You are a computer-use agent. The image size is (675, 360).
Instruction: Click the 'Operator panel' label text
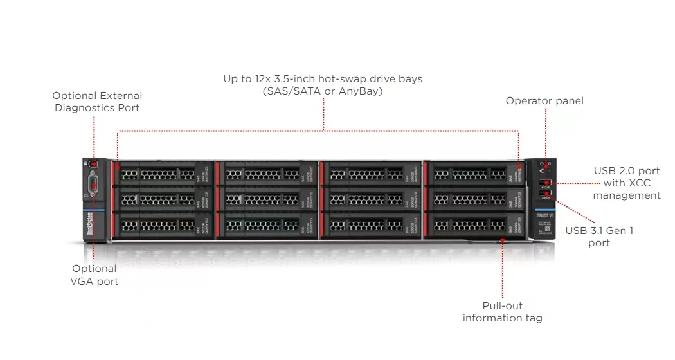(544, 101)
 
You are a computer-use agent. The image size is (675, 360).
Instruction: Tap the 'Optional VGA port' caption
(94, 274)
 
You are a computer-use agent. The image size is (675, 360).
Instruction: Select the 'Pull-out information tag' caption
(502, 312)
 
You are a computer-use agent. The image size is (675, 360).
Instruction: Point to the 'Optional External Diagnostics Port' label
(97, 102)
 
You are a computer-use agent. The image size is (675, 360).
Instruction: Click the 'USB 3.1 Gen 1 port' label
(599, 237)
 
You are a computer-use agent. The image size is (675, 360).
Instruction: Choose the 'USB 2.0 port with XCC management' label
(627, 183)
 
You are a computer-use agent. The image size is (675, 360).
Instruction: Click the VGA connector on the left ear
(94, 187)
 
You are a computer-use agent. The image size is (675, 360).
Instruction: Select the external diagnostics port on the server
(93, 165)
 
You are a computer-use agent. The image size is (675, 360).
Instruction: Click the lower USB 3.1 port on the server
(547, 194)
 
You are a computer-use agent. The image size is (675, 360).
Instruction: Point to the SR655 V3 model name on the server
(545, 214)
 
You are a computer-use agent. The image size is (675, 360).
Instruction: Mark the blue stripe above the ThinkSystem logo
(91, 208)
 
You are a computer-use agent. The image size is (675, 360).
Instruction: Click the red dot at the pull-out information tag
(503, 240)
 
